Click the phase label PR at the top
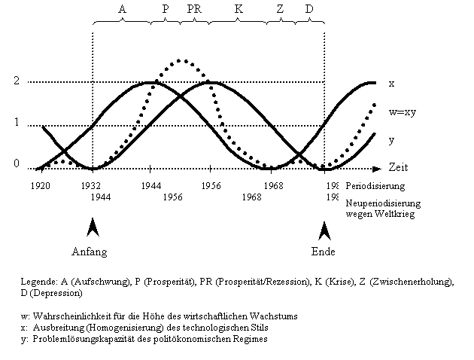tap(193, 9)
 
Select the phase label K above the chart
tap(239, 9)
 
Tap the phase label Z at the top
tap(280, 9)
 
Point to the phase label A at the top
tap(123, 9)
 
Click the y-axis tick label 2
tap(17, 81)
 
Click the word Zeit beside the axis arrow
tap(398, 166)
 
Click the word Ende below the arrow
tap(323, 252)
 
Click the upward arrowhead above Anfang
tap(93, 227)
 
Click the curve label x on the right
tap(390, 83)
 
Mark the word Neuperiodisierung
tap(382, 203)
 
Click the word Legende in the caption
tap(38, 281)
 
